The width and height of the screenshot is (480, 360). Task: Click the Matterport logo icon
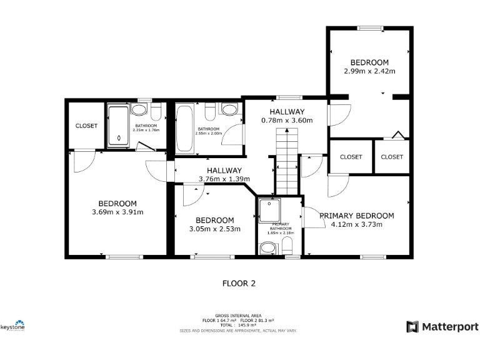pyautogui.click(x=412, y=326)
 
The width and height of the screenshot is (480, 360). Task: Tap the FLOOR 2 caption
pyautogui.click(x=239, y=283)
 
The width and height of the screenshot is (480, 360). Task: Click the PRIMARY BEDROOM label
pyautogui.click(x=356, y=216)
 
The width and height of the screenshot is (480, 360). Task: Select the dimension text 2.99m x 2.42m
pyautogui.click(x=369, y=71)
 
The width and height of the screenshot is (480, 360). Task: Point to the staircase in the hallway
pyautogui.click(x=287, y=160)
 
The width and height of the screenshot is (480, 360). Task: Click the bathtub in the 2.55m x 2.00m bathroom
pyautogui.click(x=184, y=128)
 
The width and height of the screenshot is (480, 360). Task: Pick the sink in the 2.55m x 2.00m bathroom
pyautogui.click(x=230, y=110)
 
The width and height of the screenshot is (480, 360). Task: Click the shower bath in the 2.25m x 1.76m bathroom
pyautogui.click(x=117, y=126)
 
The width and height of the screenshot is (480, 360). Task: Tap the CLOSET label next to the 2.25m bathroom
pyautogui.click(x=86, y=126)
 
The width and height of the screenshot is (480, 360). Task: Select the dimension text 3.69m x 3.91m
pyautogui.click(x=117, y=212)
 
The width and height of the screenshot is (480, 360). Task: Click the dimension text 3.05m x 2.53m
pyautogui.click(x=214, y=229)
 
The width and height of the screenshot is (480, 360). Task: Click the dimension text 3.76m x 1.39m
pyautogui.click(x=224, y=179)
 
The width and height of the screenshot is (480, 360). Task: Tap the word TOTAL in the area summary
pyautogui.click(x=226, y=325)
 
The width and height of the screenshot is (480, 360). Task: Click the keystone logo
pyautogui.click(x=12, y=326)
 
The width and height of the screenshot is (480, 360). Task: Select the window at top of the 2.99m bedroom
pyautogui.click(x=370, y=27)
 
